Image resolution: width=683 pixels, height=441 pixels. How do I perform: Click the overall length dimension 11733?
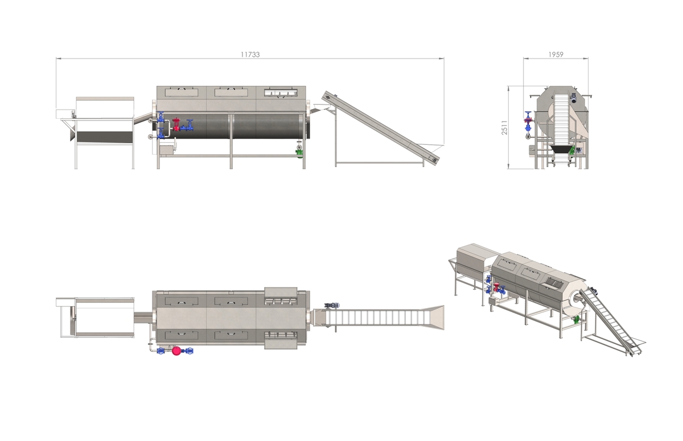coord(250,55)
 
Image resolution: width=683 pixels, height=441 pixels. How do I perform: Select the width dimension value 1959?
coord(556,55)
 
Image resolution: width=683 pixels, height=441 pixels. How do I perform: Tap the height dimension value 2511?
coord(505,127)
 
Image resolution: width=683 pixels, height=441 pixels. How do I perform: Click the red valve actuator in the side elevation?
coord(176,125)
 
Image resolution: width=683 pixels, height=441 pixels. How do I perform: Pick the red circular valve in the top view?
coord(176,351)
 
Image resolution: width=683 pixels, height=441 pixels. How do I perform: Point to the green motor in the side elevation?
coord(299,152)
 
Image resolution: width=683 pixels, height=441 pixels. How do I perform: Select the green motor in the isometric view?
coord(576,319)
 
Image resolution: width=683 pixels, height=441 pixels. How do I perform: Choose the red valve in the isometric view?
coord(496,288)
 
